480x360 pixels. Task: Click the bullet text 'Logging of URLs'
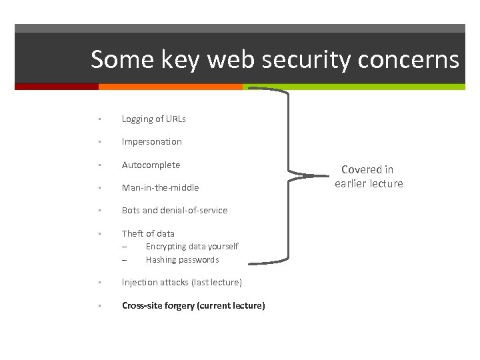153,119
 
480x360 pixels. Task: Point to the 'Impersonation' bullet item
151,142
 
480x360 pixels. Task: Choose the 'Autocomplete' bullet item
151,165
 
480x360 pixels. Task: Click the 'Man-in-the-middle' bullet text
160,188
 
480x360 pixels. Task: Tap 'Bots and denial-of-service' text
174,211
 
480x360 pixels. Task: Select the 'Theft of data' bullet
148,233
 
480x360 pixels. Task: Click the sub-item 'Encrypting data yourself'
191,247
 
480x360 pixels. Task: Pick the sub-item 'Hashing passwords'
182,260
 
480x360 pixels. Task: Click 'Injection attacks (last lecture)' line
181,283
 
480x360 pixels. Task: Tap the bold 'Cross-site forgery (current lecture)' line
193,306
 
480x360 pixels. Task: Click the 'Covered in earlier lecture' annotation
369,177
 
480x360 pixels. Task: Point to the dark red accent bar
57,87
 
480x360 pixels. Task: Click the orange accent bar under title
170,87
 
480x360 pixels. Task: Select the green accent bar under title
353,87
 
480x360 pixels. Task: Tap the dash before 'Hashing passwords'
124,260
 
